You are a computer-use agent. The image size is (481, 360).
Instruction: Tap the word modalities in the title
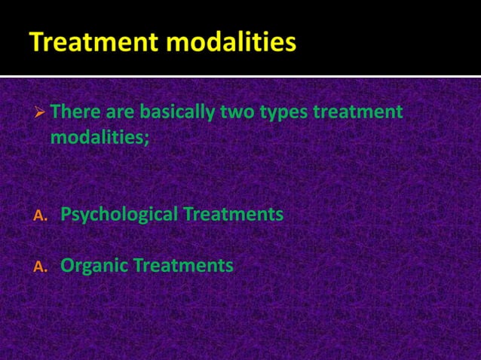(x=231, y=43)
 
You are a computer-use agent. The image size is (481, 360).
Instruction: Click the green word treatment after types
(x=357, y=113)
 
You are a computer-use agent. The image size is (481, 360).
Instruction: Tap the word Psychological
(x=118, y=215)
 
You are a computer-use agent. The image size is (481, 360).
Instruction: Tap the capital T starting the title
(x=38, y=43)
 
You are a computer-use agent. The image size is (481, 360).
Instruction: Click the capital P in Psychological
(x=66, y=215)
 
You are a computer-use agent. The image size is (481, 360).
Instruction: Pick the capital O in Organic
(x=66, y=266)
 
